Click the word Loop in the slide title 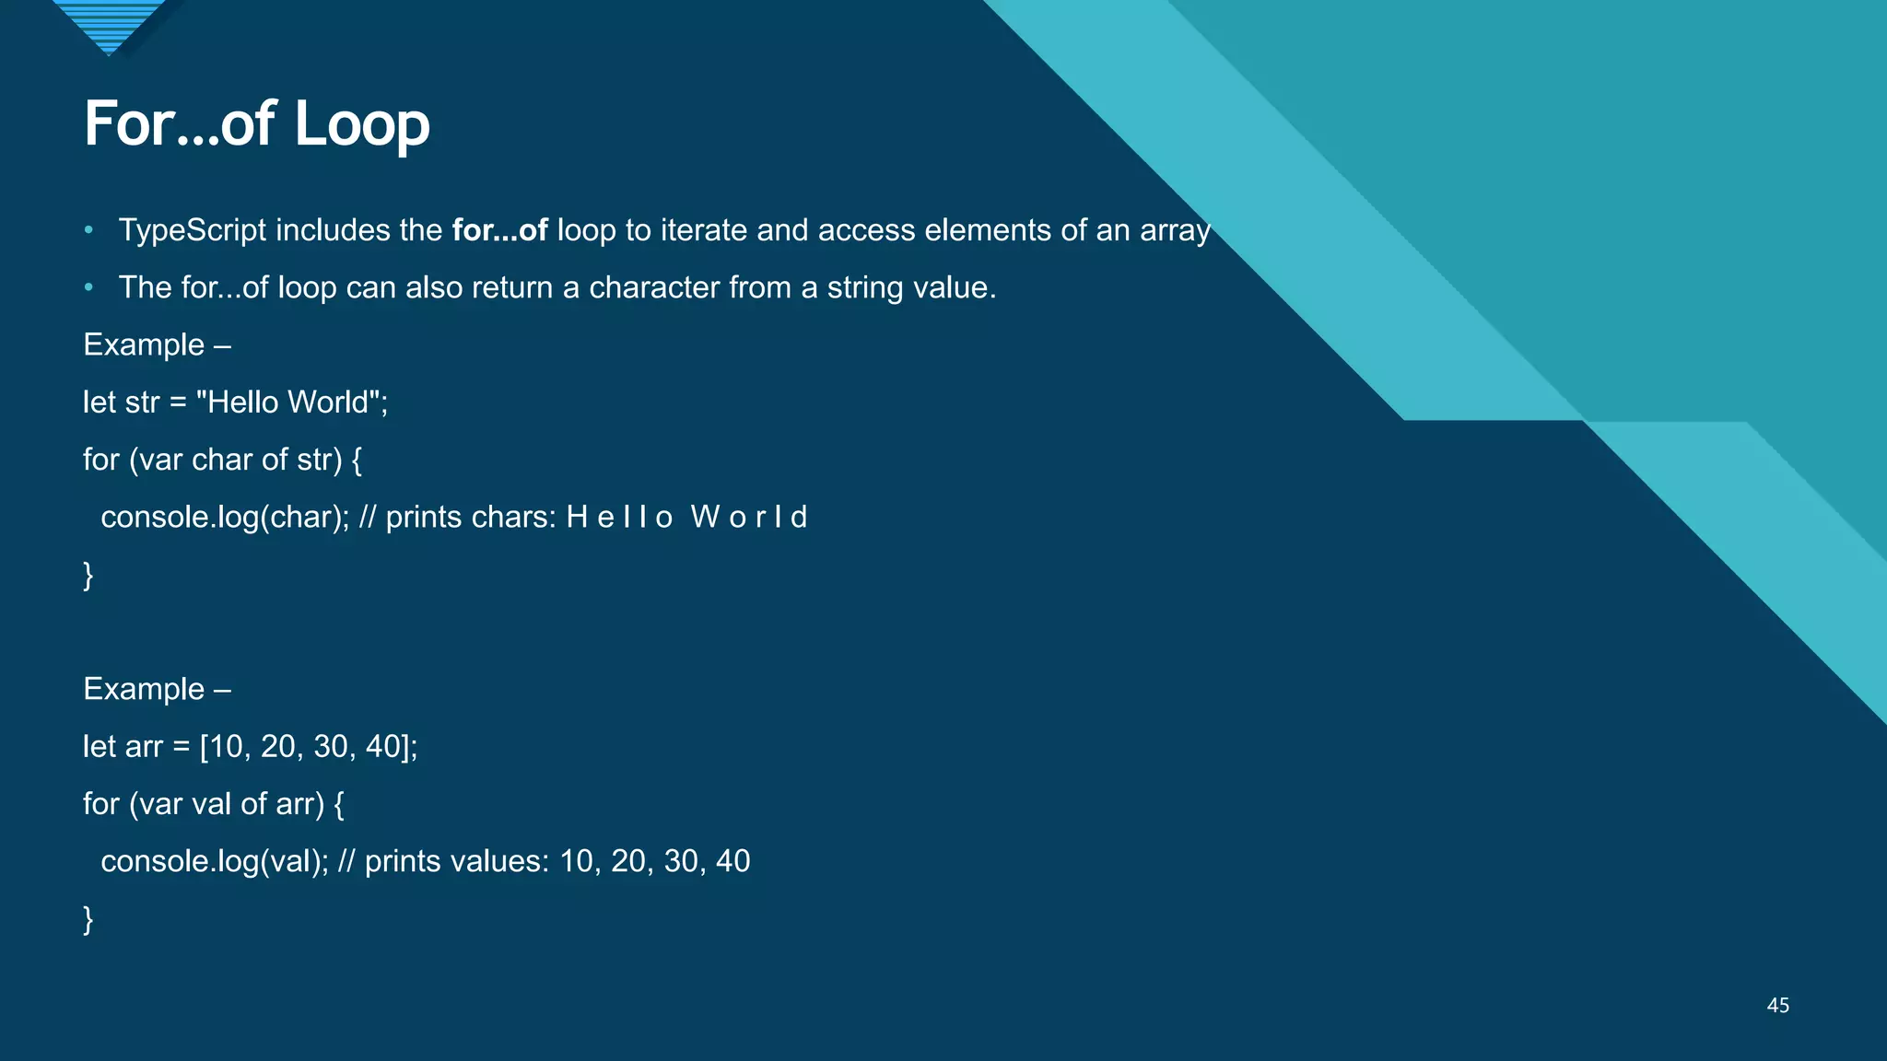tap(362, 124)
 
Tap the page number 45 tap(1777, 1006)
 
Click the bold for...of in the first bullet tap(499, 230)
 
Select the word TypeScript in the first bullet tap(192, 230)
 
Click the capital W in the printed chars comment tap(705, 517)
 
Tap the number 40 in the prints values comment tap(733, 861)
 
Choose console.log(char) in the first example tap(224, 517)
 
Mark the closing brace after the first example tap(88, 575)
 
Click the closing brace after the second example tap(88, 919)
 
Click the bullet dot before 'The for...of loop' tap(88, 287)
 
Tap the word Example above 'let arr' tap(144, 689)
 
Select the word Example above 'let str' tap(144, 344)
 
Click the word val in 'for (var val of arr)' tap(211, 804)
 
